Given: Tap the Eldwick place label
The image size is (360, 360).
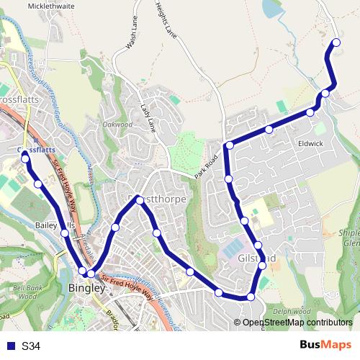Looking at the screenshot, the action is pos(310,143).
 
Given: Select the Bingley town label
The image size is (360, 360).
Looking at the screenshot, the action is pos(86,288).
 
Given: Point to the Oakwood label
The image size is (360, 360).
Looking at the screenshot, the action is pos(117,125).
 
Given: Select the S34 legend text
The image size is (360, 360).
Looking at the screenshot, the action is pos(31,346).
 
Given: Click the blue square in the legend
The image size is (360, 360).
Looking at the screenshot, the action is pos(9,346).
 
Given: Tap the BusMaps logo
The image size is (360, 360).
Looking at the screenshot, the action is pos(325,346).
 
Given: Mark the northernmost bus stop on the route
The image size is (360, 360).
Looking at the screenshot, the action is pos(336,43).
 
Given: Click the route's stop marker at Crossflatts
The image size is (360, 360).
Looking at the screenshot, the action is pos(25,156).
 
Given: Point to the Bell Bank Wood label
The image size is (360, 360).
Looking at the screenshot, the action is pos(28,291).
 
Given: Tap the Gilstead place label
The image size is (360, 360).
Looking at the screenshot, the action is pos(256,257).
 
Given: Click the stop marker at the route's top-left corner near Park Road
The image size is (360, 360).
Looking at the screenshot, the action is pos(230,145).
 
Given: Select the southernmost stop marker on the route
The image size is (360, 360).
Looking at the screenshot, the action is pos(251,297).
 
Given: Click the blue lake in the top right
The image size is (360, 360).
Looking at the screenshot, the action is pos(274,9).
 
